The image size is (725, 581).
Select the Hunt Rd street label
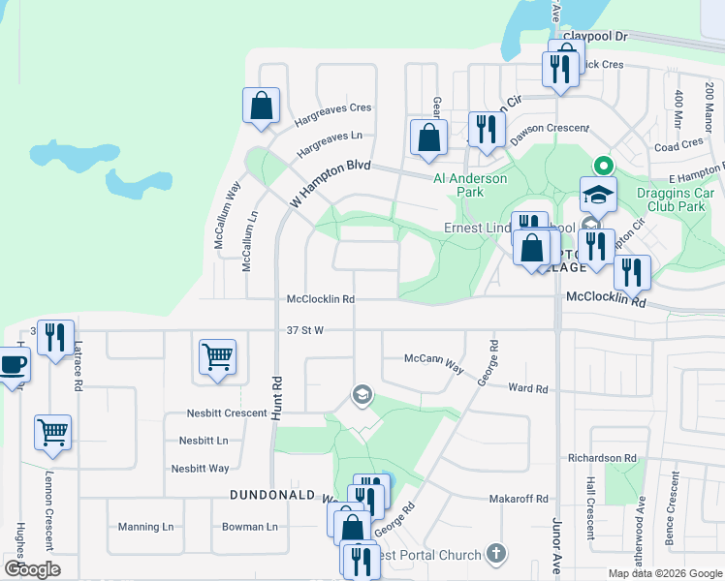point(276,396)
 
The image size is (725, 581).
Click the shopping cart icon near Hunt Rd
point(217,356)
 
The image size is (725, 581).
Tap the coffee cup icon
point(13,365)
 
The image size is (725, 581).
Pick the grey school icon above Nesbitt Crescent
point(362,393)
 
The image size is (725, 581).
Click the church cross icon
point(496,554)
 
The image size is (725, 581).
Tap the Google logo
point(32,568)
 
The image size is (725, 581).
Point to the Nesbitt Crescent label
point(227,413)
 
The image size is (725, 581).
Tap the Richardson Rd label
point(602,457)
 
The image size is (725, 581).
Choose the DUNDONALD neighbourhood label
point(270,494)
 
